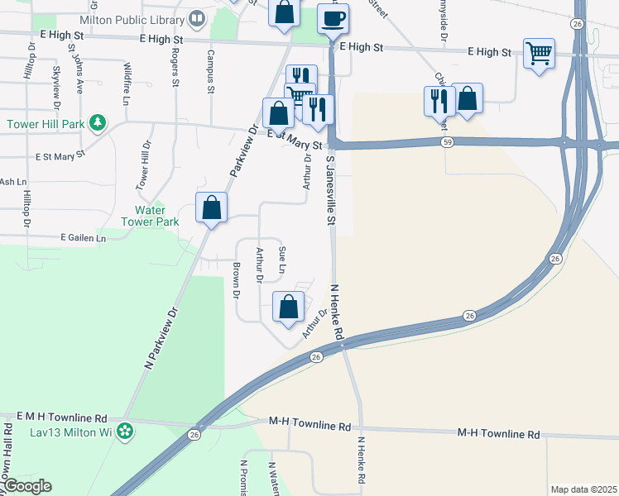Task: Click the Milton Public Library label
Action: [x=134, y=17]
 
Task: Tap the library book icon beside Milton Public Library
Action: [x=197, y=17]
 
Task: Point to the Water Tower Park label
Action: [x=150, y=216]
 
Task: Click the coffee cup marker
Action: [x=333, y=18]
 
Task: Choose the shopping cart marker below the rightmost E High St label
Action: [x=539, y=55]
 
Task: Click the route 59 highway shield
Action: [x=447, y=142]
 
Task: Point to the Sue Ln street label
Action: [x=282, y=260]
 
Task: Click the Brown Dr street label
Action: [x=237, y=279]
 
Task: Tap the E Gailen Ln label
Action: [x=84, y=238]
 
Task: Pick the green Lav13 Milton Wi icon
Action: [x=125, y=431]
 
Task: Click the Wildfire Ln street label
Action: [x=127, y=83]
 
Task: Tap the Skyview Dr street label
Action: [x=57, y=88]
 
